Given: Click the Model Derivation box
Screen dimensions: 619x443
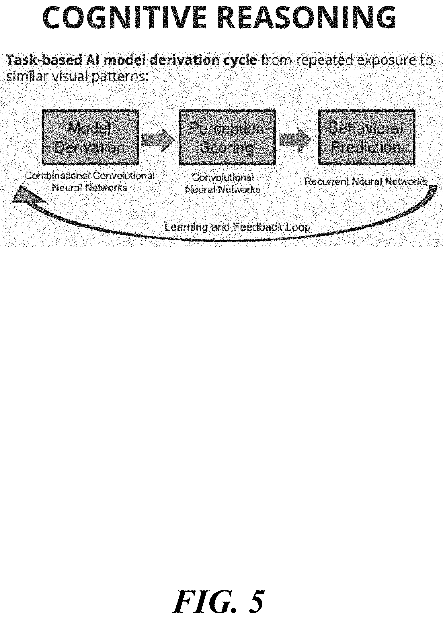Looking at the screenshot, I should pyautogui.click(x=90, y=137).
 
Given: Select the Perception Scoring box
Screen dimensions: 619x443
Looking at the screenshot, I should pyautogui.click(x=227, y=137).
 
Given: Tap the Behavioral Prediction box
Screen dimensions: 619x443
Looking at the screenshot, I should pyautogui.click(x=366, y=137).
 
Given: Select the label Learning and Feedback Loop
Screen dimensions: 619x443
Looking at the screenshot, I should pyautogui.click(x=237, y=227).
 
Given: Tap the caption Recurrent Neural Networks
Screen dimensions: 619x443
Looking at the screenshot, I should pyautogui.click(x=366, y=182).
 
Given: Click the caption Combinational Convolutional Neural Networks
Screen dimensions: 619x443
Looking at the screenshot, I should pyautogui.click(x=90, y=182).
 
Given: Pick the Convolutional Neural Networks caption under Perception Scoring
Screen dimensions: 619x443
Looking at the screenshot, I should pyautogui.click(x=223, y=183).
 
